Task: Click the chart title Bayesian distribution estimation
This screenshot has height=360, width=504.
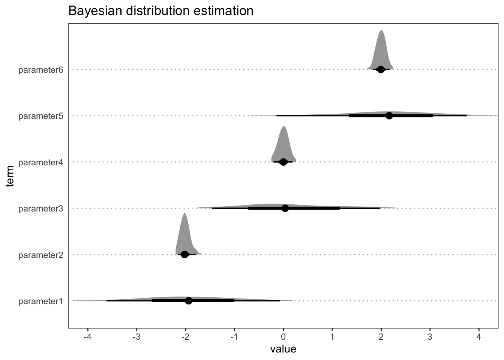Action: (160, 10)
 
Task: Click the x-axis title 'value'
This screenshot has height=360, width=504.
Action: (283, 349)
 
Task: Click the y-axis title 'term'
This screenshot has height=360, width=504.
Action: (10, 176)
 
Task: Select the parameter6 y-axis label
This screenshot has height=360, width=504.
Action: (41, 70)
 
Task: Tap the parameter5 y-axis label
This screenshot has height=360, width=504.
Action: (41, 116)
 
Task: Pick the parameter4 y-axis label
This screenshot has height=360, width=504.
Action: (41, 162)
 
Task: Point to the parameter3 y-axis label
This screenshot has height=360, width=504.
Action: (41, 208)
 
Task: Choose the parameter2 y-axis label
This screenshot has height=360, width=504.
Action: (41, 255)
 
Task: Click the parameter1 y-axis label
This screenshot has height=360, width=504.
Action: (41, 301)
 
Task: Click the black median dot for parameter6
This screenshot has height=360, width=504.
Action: (381, 69)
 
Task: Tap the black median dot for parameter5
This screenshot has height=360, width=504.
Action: (389, 115)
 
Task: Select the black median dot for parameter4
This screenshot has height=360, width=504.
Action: (283, 162)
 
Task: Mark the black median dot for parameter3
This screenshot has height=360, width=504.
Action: (285, 208)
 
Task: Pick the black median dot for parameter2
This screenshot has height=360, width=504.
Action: (184, 255)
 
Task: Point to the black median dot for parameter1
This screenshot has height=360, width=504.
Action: (189, 301)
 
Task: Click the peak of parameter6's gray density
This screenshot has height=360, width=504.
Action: (381, 30)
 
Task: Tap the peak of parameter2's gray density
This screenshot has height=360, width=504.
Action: (184, 213)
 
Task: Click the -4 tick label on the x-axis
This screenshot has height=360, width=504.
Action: (87, 337)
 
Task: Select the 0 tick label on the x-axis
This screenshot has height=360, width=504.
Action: (283, 337)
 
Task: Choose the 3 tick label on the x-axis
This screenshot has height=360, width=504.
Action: (430, 337)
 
